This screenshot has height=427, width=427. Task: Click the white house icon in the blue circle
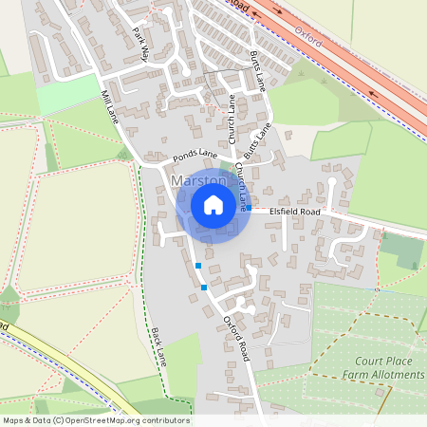(213, 205)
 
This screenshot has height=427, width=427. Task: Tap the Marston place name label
(198, 180)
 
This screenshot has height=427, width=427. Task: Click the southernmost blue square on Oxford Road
(204, 287)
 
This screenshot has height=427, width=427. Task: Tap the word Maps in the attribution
(13, 420)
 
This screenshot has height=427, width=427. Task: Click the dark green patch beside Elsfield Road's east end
(401, 250)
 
